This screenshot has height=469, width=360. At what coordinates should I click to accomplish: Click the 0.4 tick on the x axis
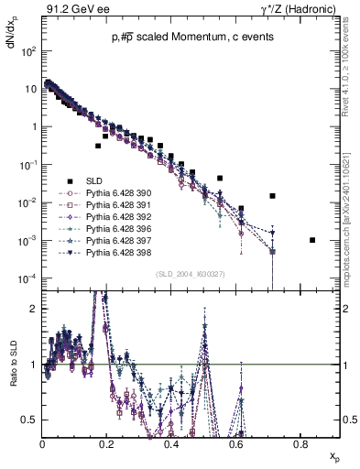(171, 444)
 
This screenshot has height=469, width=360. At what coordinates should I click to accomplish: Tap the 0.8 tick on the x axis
(300, 444)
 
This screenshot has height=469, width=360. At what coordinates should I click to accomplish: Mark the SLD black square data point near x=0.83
(312, 240)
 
